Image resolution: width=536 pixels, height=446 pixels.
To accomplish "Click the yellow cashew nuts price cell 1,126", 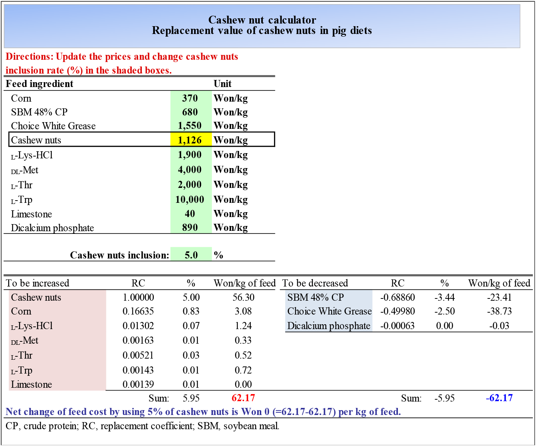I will point(190,140).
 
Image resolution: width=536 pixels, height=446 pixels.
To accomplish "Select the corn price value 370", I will point(190,98).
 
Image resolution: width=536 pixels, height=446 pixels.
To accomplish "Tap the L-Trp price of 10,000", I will point(190,199).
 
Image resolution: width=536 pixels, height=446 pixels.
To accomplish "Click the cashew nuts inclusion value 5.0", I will point(191,255).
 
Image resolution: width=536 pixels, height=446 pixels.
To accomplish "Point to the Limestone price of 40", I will point(190,214).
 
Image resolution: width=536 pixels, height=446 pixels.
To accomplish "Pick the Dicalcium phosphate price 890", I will point(190,227).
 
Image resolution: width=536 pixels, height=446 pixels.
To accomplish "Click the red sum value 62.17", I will point(243,398).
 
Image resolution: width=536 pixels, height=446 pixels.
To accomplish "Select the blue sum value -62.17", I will point(499,398).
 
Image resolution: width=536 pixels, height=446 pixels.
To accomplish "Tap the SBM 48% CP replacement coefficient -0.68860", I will point(398,297).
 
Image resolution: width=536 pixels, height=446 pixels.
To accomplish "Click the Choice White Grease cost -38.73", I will point(499,311).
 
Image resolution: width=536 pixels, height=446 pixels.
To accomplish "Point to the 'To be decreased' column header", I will point(315,283).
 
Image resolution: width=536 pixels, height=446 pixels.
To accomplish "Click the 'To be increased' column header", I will point(38,283).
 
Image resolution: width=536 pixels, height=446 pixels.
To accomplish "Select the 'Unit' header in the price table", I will point(222,84).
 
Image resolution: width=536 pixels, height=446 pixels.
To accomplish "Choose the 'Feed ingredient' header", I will point(40,84).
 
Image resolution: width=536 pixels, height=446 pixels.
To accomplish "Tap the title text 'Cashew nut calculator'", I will point(262,20).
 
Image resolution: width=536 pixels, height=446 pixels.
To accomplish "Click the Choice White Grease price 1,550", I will point(190,126).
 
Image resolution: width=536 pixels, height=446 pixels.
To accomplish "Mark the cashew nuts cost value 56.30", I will point(243,297).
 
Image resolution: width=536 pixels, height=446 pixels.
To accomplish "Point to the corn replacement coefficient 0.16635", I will point(138,311).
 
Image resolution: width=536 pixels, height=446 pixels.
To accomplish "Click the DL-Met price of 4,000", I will point(190,170).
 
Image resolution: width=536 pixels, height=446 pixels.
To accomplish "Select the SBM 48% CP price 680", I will point(190,112).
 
